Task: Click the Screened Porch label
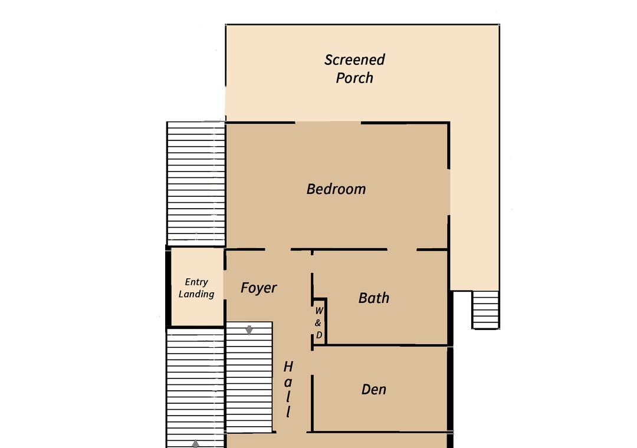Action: click(x=354, y=68)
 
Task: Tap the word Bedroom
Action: click(x=336, y=189)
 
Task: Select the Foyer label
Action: click(x=258, y=288)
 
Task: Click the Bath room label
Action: click(x=374, y=298)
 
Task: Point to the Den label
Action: click(x=374, y=390)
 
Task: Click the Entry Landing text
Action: click(x=196, y=288)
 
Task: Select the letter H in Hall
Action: click(x=288, y=367)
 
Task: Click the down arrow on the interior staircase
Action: click(x=249, y=330)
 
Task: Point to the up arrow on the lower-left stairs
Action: click(x=195, y=443)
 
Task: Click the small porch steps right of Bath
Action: click(x=485, y=309)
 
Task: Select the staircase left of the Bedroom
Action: click(x=196, y=183)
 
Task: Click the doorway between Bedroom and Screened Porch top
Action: click(x=328, y=122)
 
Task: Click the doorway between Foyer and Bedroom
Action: click(x=278, y=249)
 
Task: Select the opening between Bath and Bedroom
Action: click(x=402, y=249)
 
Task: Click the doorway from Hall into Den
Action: click(x=312, y=363)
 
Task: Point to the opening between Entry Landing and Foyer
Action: click(x=224, y=288)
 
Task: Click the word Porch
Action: click(x=354, y=78)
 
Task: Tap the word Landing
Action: click(x=196, y=294)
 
